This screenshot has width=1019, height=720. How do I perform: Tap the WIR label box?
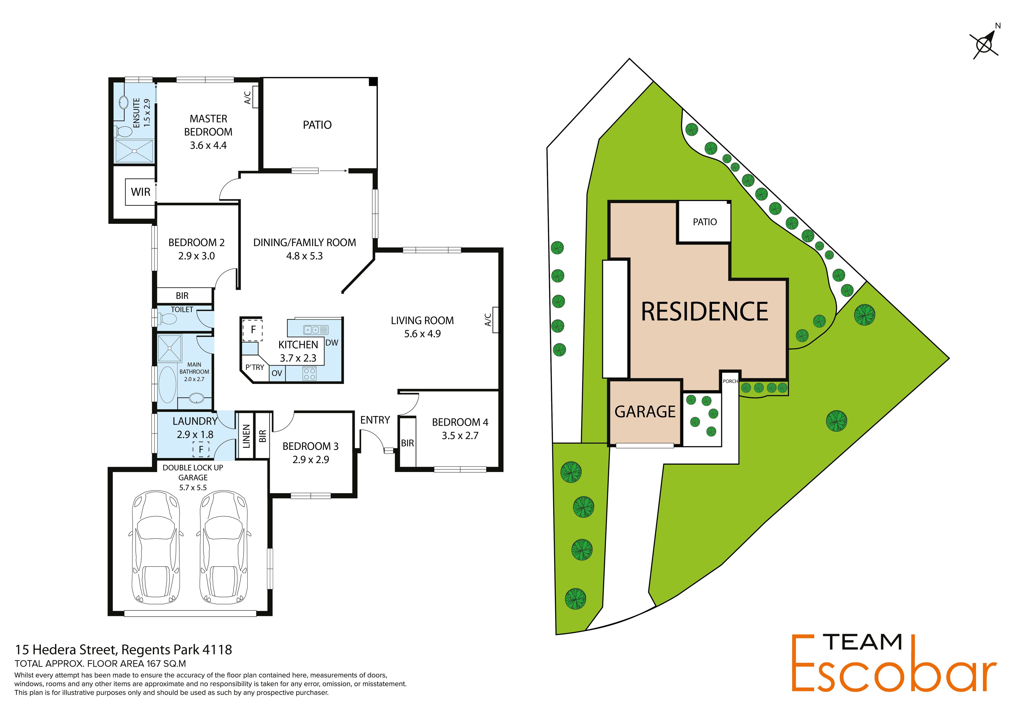(x=141, y=192)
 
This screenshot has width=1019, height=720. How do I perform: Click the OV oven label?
(x=277, y=373)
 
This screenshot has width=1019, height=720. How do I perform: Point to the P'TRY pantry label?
(x=255, y=367)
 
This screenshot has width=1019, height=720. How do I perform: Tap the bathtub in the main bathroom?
(x=167, y=384)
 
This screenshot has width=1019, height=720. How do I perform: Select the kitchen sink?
(x=316, y=330)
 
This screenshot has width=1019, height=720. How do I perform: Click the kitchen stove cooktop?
(x=309, y=374)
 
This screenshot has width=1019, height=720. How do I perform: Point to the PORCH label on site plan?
(x=730, y=381)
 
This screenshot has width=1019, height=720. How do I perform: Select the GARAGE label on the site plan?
(x=645, y=412)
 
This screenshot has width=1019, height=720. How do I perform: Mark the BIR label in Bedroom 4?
(x=407, y=443)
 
